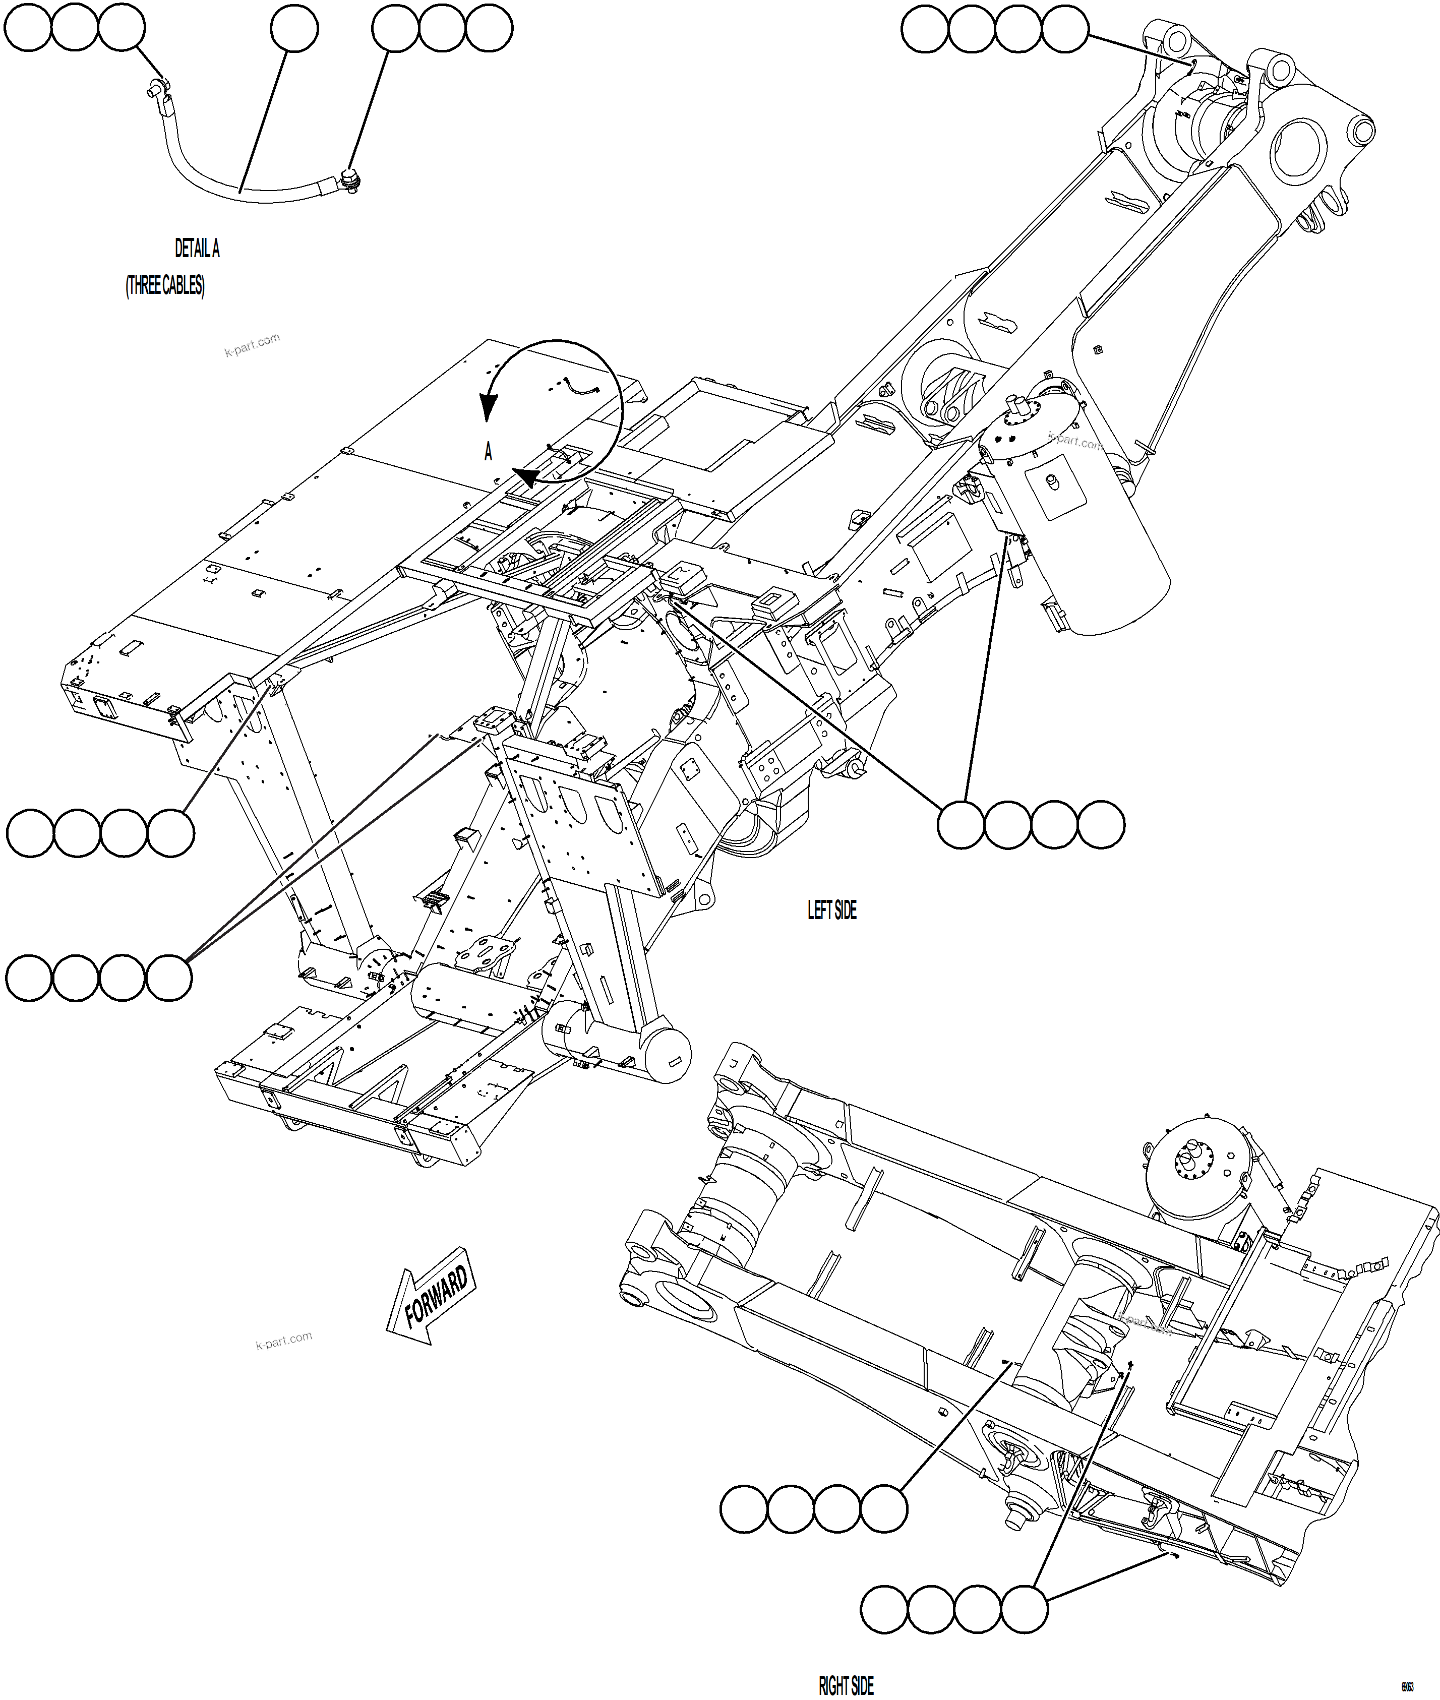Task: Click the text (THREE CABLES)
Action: pyautogui.click(x=165, y=286)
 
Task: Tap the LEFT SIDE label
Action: pyautogui.click(x=832, y=910)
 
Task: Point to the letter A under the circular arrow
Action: pyautogui.click(x=488, y=451)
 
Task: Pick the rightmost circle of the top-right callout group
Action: pyautogui.click(x=1065, y=29)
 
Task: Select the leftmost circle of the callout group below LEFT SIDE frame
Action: pyautogui.click(x=961, y=824)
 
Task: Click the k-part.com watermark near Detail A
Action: pyautogui.click(x=252, y=344)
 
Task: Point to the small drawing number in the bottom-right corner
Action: pyautogui.click(x=1408, y=1686)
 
